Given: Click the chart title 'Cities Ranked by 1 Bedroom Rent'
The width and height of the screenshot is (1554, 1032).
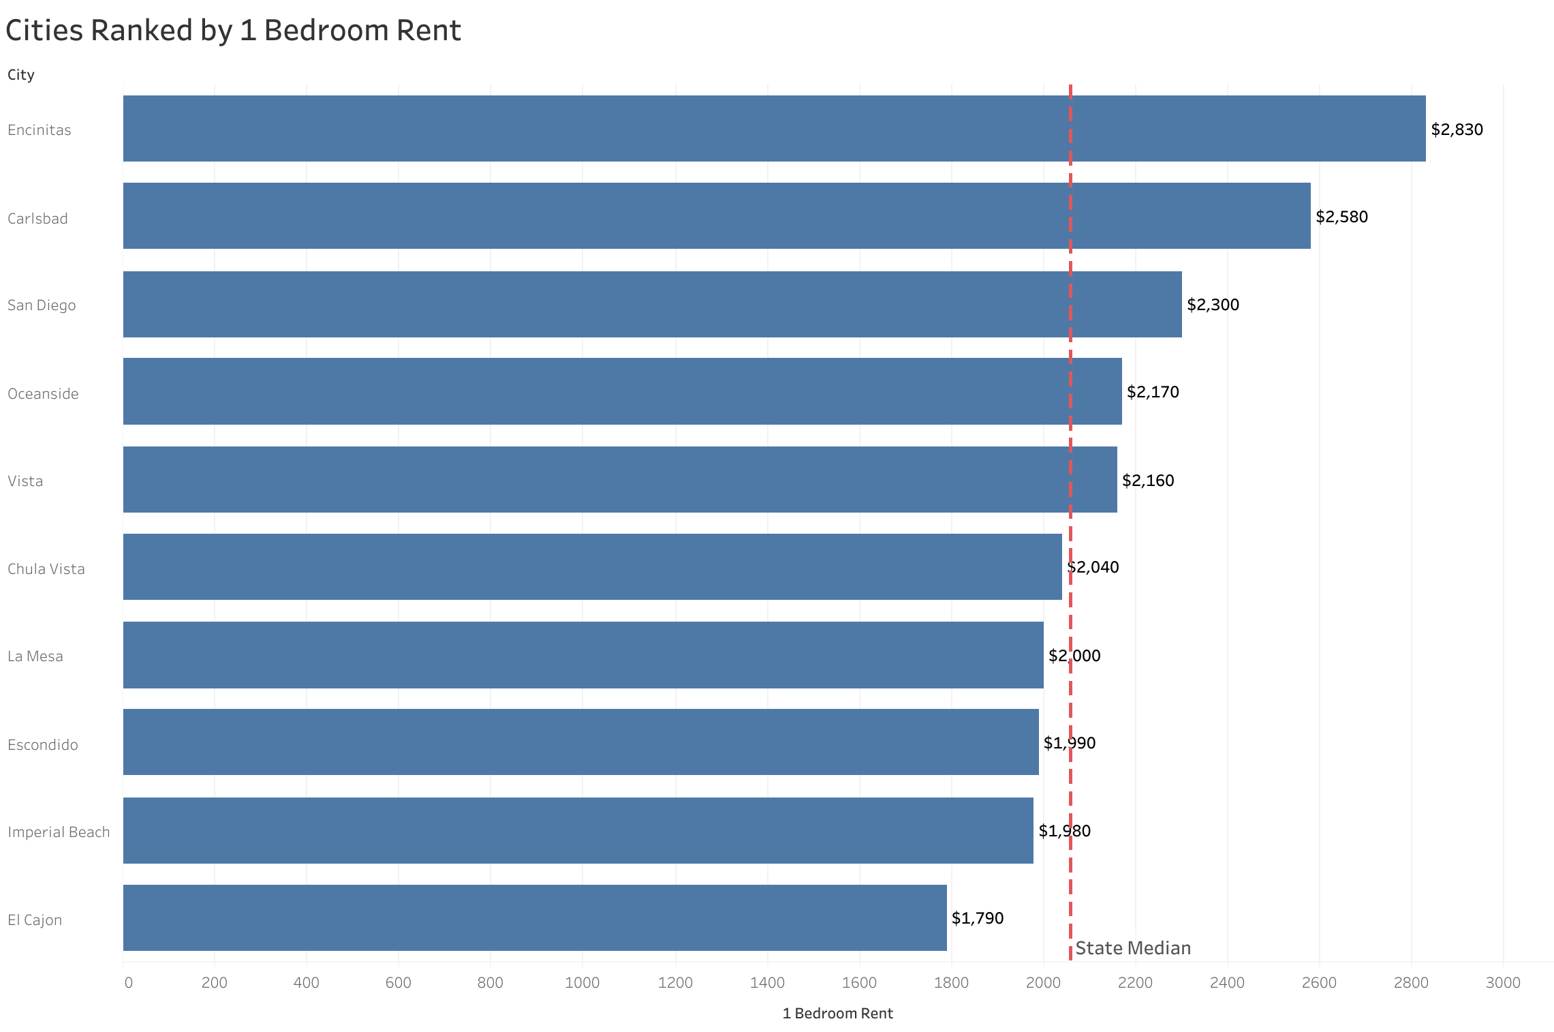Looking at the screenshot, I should pyautogui.click(x=233, y=31).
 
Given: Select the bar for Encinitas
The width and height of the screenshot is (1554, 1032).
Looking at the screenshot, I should pyautogui.click(x=774, y=129).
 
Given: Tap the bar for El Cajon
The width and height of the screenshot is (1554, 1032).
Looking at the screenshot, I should pyautogui.click(x=535, y=917).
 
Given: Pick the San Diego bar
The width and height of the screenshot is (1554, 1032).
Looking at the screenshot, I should pyautogui.click(x=652, y=304).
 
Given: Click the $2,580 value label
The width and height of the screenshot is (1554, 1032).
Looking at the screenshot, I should pyautogui.click(x=1341, y=217).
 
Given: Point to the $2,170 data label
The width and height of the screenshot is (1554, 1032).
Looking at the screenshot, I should pyautogui.click(x=1152, y=392).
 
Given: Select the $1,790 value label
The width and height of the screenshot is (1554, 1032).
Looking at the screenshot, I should pyautogui.click(x=977, y=918).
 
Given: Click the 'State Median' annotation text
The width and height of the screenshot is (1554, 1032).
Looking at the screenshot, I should pyautogui.click(x=1132, y=948).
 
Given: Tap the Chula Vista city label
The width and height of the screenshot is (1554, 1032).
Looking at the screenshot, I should pyautogui.click(x=46, y=569).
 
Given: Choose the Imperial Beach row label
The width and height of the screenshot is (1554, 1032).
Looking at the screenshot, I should pyautogui.click(x=59, y=832).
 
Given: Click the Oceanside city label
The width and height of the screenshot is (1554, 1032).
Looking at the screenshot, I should pyautogui.click(x=43, y=394).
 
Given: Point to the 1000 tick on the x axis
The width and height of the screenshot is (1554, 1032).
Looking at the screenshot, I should pyautogui.click(x=582, y=982).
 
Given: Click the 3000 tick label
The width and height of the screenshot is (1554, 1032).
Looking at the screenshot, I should pyautogui.click(x=1503, y=982).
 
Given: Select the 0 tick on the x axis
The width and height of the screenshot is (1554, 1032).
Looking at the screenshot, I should pyautogui.click(x=128, y=982).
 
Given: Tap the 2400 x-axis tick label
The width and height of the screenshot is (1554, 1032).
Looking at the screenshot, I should pyautogui.click(x=1227, y=982).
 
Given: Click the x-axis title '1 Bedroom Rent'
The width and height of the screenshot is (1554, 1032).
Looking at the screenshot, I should pyautogui.click(x=837, y=1014).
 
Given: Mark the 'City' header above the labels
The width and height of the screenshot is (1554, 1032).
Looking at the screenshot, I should pyautogui.click(x=21, y=75).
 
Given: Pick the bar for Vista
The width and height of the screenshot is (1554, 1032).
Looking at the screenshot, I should pyautogui.click(x=620, y=479).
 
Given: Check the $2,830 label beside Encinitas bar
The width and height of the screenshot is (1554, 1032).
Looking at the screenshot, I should pyautogui.click(x=1457, y=130).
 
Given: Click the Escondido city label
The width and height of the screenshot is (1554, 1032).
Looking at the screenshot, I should pyautogui.click(x=43, y=745).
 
